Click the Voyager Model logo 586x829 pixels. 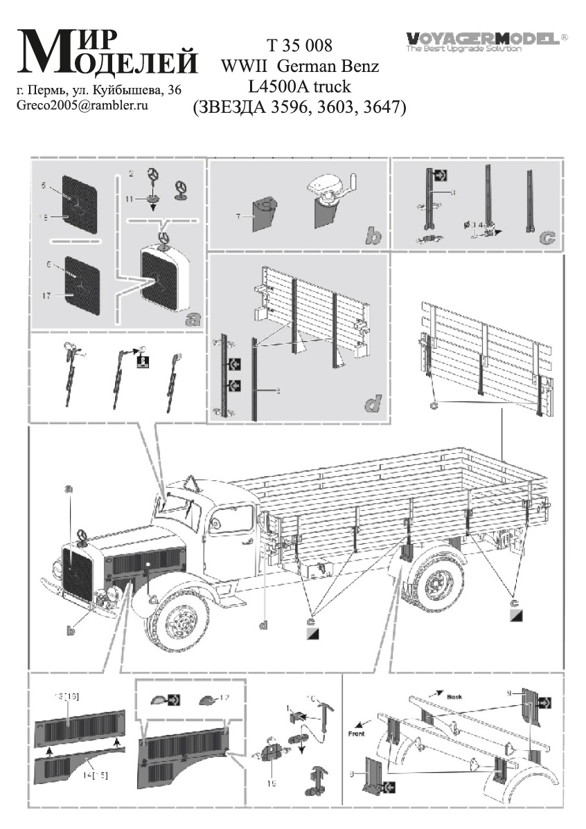[x=486, y=40]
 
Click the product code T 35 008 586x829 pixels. [x=299, y=46]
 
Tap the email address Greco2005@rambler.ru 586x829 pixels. [x=82, y=105]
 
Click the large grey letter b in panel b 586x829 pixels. [x=373, y=237]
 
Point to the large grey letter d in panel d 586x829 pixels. [x=373, y=403]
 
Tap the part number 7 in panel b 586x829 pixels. [x=238, y=217]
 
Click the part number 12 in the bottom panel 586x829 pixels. [x=224, y=698]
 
